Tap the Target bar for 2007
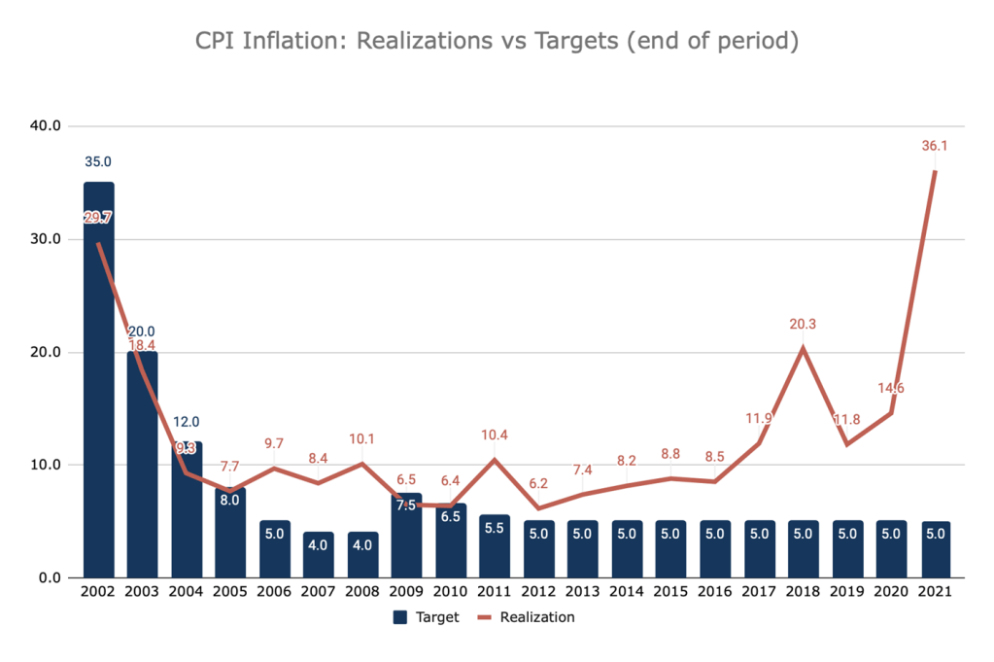tap(319, 554)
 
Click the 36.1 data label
tap(935, 146)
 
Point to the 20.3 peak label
tap(803, 326)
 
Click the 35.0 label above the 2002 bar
tap(98, 161)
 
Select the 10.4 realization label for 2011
tap(496, 436)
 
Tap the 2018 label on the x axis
tap(803, 593)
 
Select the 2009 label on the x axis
tap(407, 593)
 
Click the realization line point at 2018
tap(803, 348)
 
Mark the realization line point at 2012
tap(539, 507)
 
